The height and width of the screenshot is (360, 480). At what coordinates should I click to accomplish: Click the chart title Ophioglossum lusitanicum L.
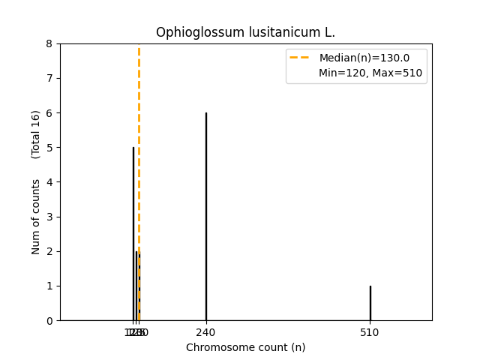pyautogui.click(x=245, y=33)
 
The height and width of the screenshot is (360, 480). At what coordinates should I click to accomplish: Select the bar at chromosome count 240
pyautogui.click(x=206, y=217)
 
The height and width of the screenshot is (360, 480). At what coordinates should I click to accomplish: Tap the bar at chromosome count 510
pyautogui.click(x=370, y=303)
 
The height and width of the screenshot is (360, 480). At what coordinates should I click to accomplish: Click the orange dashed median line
pyautogui.click(x=139, y=112)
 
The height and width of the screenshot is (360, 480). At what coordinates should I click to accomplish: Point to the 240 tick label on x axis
pyautogui.click(x=206, y=332)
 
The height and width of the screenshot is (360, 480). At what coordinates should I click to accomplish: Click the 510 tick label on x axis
pyautogui.click(x=370, y=332)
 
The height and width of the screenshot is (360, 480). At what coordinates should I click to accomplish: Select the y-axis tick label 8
pyautogui.click(x=49, y=43)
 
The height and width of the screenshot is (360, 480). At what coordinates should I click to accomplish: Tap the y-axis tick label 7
pyautogui.click(x=49, y=78)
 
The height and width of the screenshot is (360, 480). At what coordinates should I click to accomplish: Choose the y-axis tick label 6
pyautogui.click(x=49, y=113)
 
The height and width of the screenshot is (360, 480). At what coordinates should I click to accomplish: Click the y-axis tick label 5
pyautogui.click(x=49, y=148)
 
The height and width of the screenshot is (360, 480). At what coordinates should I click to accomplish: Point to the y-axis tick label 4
pyautogui.click(x=49, y=182)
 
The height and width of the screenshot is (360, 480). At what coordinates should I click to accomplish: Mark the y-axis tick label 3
pyautogui.click(x=49, y=217)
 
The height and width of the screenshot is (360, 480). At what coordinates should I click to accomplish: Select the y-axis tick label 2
pyautogui.click(x=49, y=251)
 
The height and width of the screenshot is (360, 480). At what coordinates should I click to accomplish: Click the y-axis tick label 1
pyautogui.click(x=49, y=286)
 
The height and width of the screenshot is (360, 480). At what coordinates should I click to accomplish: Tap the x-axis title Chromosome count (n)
pyautogui.click(x=245, y=347)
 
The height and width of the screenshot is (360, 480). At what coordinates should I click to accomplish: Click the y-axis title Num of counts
pyautogui.click(x=36, y=217)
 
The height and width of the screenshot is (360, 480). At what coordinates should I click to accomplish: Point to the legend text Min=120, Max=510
pyautogui.click(x=370, y=73)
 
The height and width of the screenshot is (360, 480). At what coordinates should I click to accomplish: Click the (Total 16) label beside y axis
pyautogui.click(x=36, y=134)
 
